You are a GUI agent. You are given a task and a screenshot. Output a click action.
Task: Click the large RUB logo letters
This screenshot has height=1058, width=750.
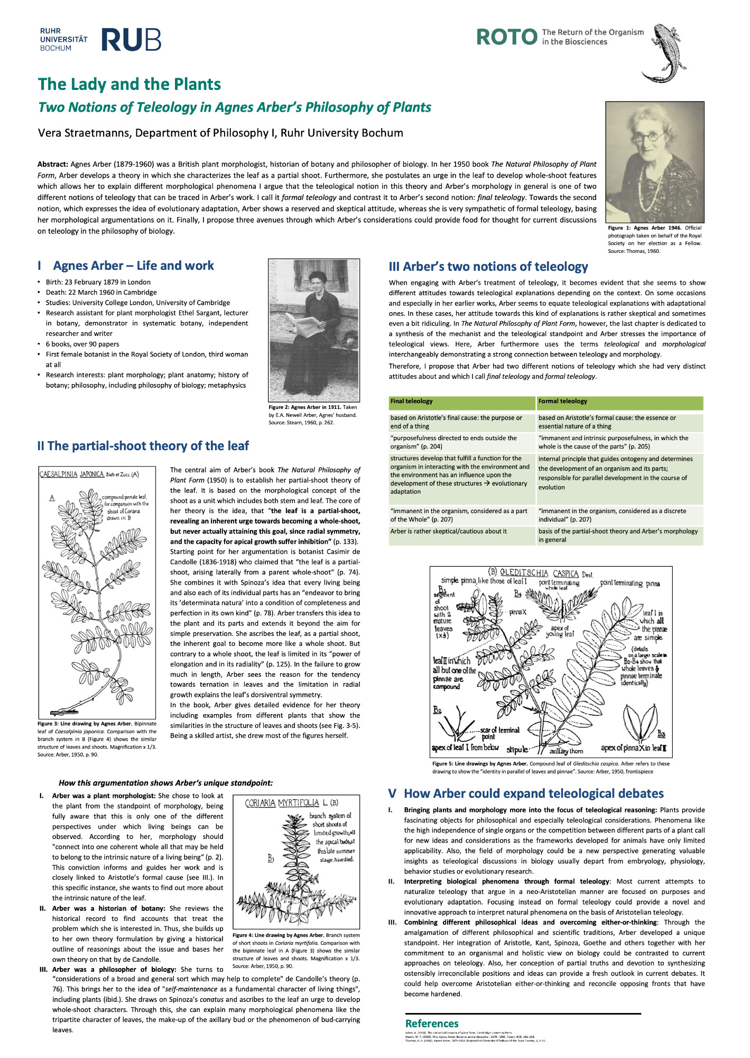pos(131,40)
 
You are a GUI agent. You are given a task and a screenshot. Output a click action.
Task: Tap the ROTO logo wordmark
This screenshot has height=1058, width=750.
pos(506,37)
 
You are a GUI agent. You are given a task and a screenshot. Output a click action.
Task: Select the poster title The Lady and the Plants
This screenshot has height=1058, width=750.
pos(129,84)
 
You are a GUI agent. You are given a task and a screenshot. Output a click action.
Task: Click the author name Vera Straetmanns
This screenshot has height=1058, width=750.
pos(84,133)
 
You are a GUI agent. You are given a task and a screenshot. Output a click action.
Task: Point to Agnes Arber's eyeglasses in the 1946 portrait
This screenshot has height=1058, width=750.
pos(648,135)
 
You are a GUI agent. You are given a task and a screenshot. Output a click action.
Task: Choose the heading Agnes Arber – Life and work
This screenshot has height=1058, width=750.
pos(133,266)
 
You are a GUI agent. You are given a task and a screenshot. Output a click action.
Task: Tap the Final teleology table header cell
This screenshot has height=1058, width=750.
pos(461,402)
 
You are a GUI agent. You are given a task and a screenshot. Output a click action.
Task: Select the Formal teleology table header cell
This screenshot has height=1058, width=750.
pos(619,402)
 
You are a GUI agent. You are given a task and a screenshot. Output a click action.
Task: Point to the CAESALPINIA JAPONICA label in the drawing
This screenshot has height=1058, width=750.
pos(72,474)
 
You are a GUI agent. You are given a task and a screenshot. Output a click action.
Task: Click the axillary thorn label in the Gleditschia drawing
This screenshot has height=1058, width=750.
pos(566,751)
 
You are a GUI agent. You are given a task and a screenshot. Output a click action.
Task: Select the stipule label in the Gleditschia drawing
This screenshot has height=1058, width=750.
pos(517,750)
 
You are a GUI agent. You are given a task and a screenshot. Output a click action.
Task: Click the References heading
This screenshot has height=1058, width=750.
pos(431,1024)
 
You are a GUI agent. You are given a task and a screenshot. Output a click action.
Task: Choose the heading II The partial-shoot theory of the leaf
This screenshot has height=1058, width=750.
pos(143,446)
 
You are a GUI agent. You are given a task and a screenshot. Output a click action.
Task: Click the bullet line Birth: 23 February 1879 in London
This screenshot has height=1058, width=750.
pos(98,282)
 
